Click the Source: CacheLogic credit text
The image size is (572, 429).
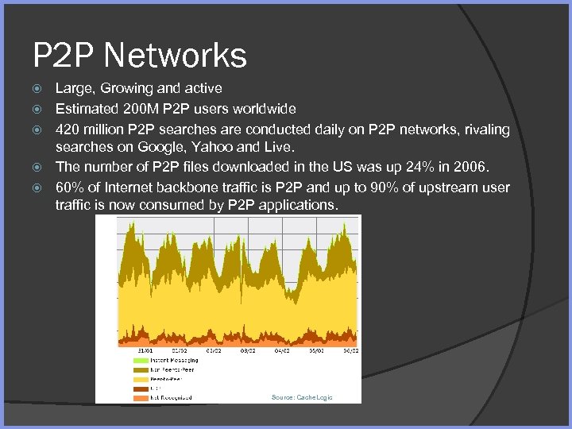point(302,397)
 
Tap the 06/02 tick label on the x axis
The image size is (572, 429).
point(350,350)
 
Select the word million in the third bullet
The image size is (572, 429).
point(102,129)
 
